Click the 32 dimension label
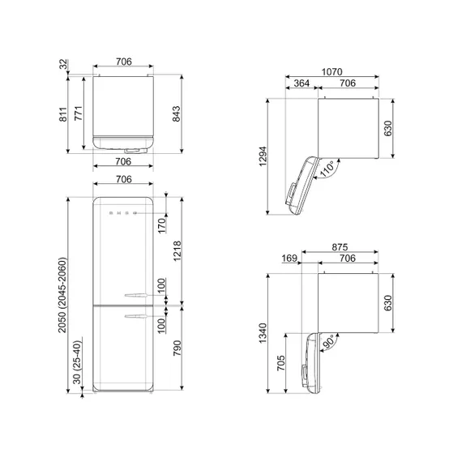pos(63,64)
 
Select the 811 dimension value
pos(63,115)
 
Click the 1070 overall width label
pos(331,71)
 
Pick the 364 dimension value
pos(301,83)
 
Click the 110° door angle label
pos(327,169)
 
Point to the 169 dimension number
pos(290,259)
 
